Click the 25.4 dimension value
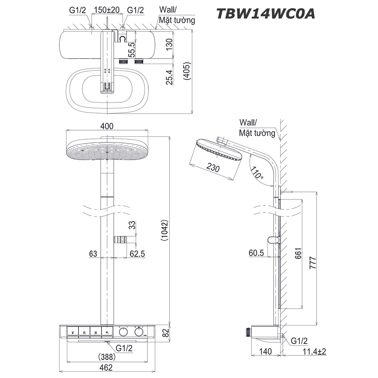(x=169, y=77)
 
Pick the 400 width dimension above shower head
(x=107, y=126)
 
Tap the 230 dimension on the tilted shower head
(x=213, y=168)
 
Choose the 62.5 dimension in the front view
(x=137, y=254)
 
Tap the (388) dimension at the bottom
(x=106, y=357)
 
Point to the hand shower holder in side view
(x=273, y=240)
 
